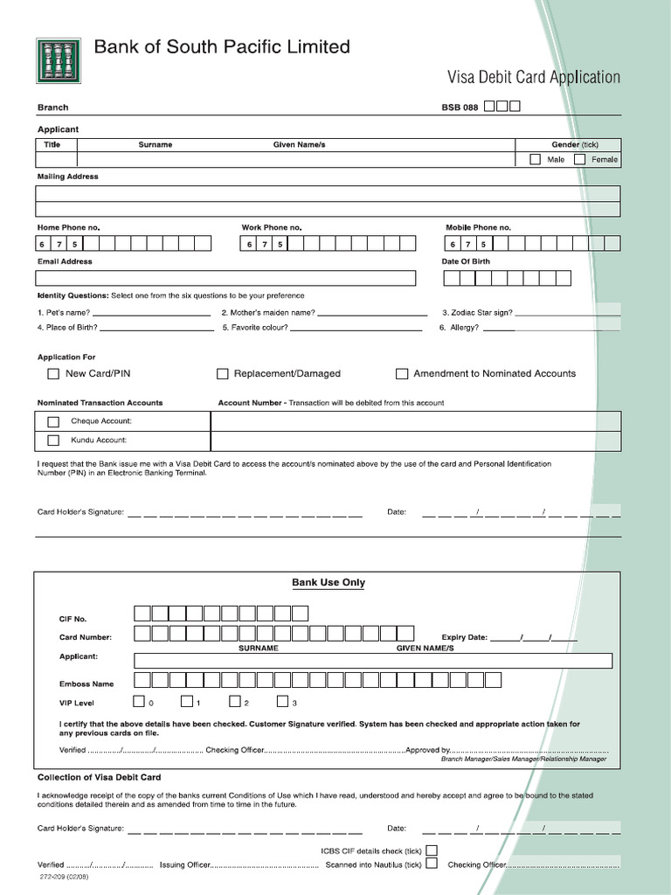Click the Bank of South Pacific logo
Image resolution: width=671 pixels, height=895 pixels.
(x=59, y=61)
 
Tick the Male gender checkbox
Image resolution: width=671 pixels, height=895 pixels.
(x=535, y=159)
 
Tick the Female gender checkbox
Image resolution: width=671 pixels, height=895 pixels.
(x=579, y=159)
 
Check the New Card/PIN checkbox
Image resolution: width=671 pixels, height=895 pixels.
(x=53, y=374)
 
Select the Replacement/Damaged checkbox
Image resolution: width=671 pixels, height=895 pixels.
(x=223, y=374)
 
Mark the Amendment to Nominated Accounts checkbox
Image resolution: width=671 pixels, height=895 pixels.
(x=402, y=374)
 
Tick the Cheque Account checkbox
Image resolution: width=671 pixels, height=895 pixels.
(x=53, y=421)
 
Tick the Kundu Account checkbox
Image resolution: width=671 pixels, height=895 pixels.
(x=53, y=441)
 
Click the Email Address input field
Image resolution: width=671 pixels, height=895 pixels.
(x=225, y=278)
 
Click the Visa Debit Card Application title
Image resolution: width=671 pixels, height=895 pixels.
(x=534, y=78)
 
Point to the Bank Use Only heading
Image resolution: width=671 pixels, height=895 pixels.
(x=329, y=583)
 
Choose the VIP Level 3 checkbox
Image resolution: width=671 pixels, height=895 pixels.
(x=283, y=701)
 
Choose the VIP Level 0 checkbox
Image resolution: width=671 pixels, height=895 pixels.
(x=139, y=701)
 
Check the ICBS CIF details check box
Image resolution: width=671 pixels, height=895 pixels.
(x=432, y=850)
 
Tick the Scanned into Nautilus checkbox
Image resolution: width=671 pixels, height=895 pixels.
(x=432, y=864)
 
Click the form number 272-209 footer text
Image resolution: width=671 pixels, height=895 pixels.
(x=63, y=877)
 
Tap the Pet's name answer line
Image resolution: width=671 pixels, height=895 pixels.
(x=151, y=313)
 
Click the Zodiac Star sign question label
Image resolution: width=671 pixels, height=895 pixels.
(x=477, y=313)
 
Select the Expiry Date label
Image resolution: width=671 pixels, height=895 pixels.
(x=465, y=638)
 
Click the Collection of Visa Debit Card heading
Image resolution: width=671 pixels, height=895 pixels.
(x=99, y=777)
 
